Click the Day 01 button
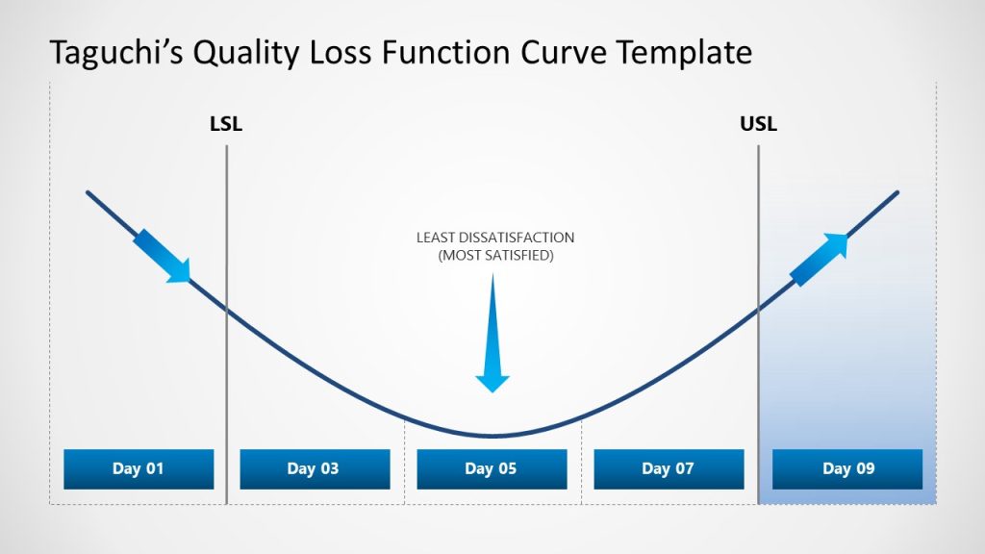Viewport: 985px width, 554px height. click(139, 469)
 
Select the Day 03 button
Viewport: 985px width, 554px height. click(314, 469)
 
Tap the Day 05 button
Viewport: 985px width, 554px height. click(492, 469)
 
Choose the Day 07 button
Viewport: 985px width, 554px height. click(669, 469)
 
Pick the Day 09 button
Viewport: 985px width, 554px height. click(847, 469)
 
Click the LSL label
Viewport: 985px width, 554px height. click(226, 124)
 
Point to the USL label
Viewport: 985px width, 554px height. click(758, 124)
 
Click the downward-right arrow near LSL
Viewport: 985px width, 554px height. click(162, 256)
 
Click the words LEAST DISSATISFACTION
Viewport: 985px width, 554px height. click(495, 238)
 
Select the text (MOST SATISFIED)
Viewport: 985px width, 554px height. click(495, 256)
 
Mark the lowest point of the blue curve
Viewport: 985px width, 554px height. click(492, 436)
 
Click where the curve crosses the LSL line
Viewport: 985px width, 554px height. click(227, 310)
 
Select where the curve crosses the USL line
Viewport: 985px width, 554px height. click(758, 310)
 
